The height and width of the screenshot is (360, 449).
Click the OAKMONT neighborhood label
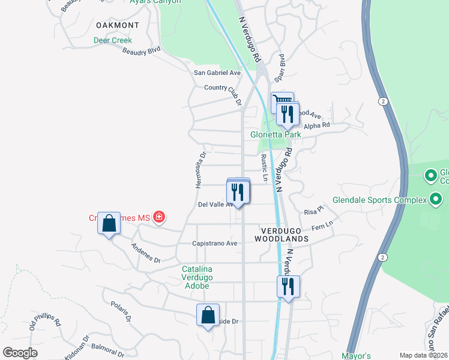pyautogui.click(x=117, y=25)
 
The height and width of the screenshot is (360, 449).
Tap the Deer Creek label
pyautogui.click(x=112, y=41)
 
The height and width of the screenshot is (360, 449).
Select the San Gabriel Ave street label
pyautogui.click(x=217, y=73)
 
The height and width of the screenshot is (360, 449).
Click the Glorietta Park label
pyautogui.click(x=276, y=134)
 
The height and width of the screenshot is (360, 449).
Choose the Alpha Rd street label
pyautogui.click(x=317, y=125)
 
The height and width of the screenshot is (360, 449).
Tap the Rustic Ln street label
pyautogui.click(x=264, y=168)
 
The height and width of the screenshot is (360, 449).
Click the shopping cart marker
pyautogui.click(x=281, y=101)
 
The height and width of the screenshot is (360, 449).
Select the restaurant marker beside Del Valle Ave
pyautogui.click(x=238, y=192)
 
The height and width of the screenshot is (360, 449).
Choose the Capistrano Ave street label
pyautogui.click(x=214, y=244)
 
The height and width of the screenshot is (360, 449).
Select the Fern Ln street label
pyautogui.click(x=322, y=227)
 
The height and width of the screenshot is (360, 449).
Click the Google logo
pyautogui.click(x=20, y=353)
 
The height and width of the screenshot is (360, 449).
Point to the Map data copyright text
pyautogui.click(x=423, y=355)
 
